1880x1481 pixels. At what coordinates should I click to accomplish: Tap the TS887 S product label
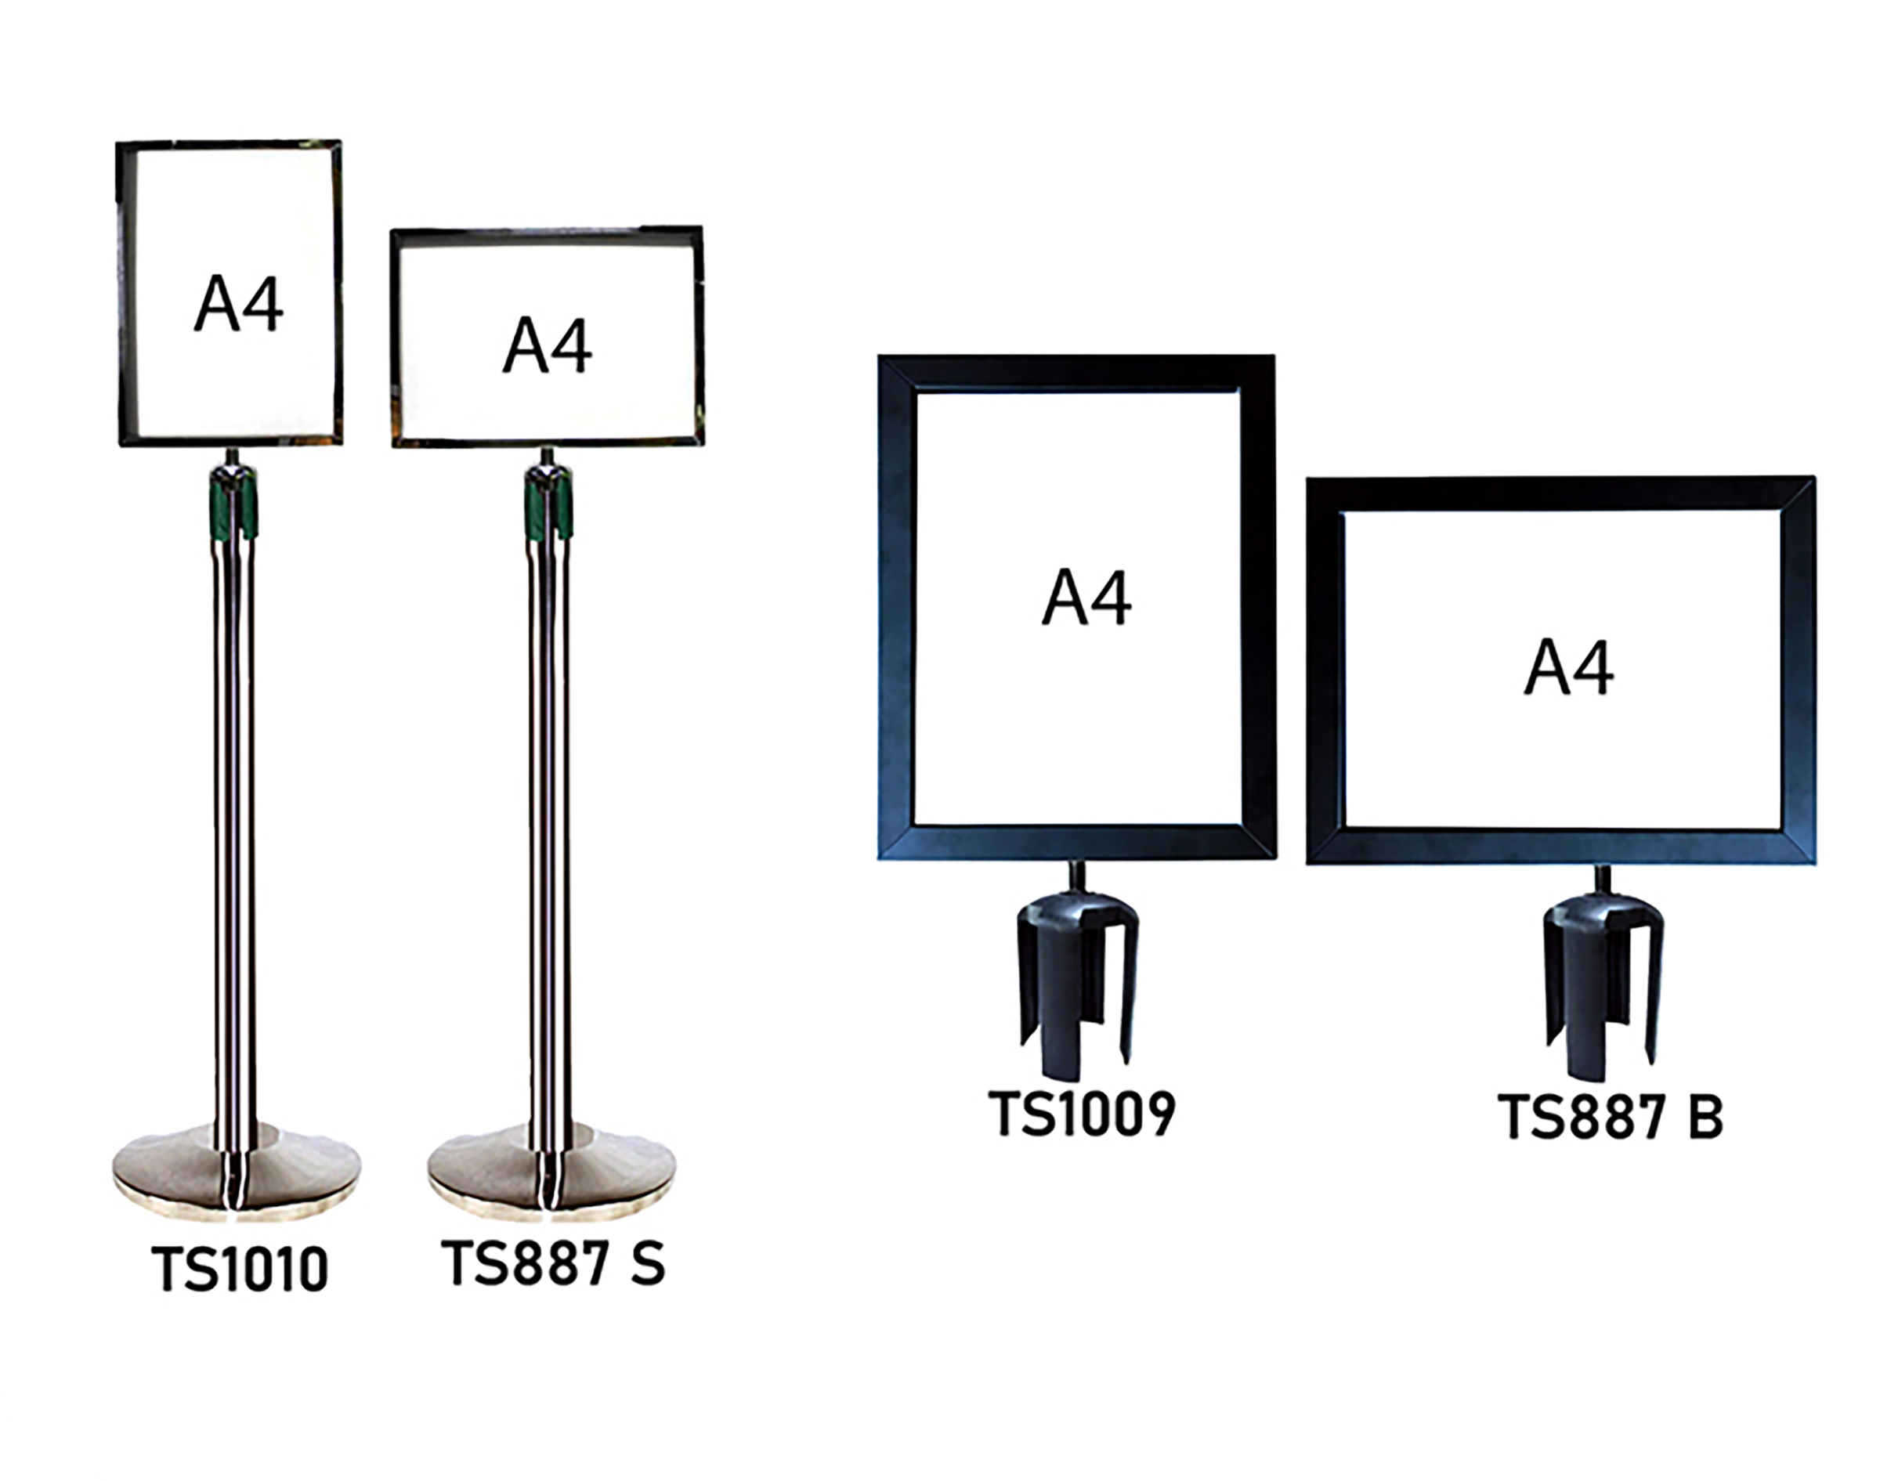click(x=553, y=1262)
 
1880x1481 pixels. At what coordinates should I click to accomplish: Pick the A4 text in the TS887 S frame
click(x=548, y=345)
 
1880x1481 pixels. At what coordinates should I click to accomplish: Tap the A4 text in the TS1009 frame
click(x=1086, y=597)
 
